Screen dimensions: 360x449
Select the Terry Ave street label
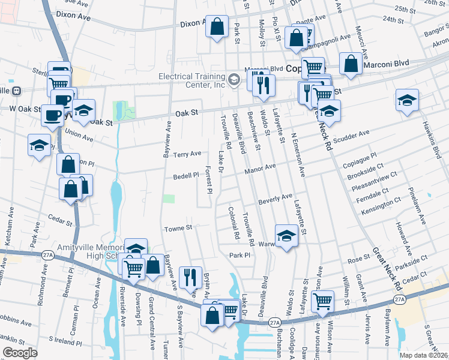187,154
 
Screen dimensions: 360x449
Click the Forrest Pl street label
210,180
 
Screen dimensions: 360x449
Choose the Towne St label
178,228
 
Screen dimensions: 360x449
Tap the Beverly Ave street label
276,199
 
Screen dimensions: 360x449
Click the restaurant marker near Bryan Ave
190,277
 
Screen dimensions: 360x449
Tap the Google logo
20,353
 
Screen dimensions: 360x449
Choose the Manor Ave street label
260,170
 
